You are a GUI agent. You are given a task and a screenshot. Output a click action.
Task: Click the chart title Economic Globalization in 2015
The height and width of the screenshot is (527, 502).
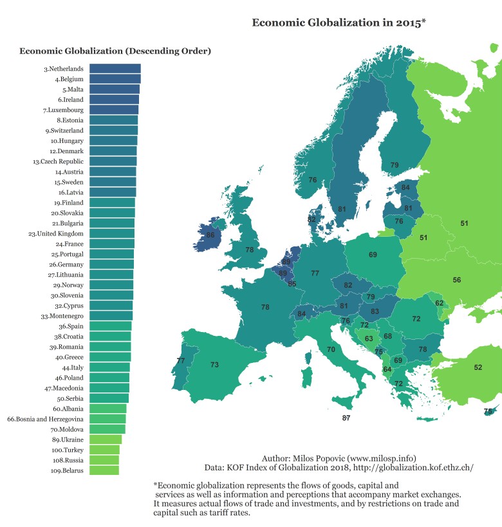[x=339, y=23]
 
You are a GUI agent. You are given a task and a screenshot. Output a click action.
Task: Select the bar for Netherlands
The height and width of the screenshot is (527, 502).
[x=115, y=69]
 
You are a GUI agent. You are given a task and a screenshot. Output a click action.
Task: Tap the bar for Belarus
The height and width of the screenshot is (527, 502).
[x=104, y=470]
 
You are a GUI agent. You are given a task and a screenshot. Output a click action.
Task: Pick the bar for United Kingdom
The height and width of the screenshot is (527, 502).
[x=111, y=234]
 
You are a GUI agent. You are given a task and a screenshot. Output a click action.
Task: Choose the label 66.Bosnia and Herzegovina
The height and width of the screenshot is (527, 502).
[x=45, y=419]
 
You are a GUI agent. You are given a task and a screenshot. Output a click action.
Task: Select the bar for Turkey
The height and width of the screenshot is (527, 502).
[x=104, y=450]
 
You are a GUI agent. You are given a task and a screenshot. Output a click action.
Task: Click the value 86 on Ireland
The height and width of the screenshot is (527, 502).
[x=210, y=236]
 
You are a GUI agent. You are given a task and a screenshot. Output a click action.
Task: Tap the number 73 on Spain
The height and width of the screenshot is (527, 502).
[x=214, y=365]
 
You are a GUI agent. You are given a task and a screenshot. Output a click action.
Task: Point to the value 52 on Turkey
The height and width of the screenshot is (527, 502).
[x=478, y=367]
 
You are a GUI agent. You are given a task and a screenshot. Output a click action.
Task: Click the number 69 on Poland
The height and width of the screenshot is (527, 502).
[x=373, y=255]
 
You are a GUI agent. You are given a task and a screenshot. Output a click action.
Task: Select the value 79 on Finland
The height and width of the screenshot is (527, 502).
[x=395, y=165]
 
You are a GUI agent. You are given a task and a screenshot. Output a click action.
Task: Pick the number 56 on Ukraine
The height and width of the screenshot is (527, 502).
[x=456, y=280]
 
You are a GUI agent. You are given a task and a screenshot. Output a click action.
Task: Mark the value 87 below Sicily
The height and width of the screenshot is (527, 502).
[x=346, y=418]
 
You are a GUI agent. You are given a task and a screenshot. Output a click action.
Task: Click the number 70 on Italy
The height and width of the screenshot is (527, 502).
[x=331, y=349]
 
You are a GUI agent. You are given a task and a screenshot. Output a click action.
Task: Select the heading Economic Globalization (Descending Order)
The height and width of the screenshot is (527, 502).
[x=115, y=51]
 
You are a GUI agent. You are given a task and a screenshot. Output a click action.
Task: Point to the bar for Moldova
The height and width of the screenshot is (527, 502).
[x=107, y=429]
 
